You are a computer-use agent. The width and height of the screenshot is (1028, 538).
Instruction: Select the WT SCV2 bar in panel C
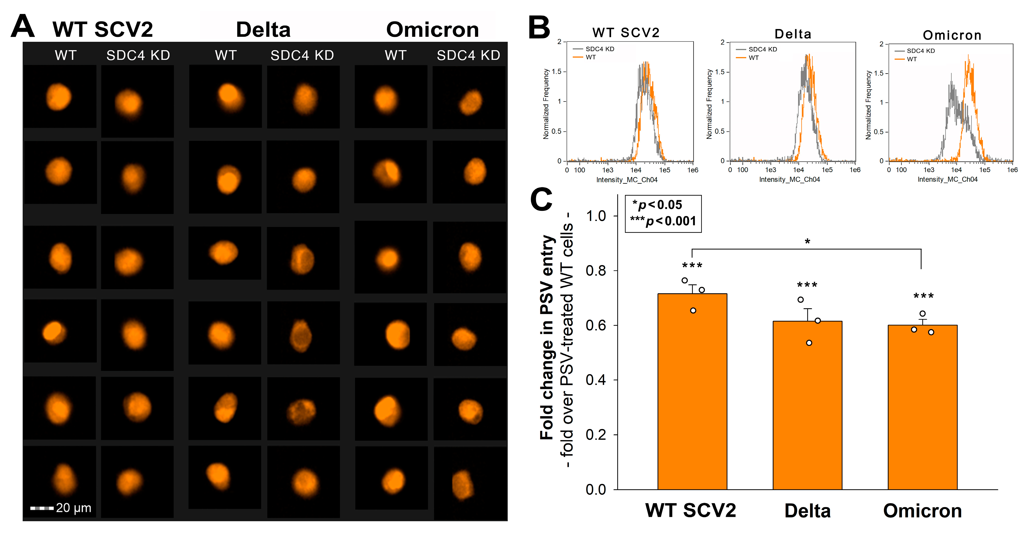[x=692, y=392]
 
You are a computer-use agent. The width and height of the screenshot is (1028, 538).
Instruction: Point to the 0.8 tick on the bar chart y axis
[x=596, y=271]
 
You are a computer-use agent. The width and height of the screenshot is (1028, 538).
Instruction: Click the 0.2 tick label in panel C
[x=596, y=435]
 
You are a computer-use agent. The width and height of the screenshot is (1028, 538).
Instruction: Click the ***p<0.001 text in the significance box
[x=663, y=221]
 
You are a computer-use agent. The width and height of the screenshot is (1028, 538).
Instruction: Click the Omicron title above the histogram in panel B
[x=952, y=35]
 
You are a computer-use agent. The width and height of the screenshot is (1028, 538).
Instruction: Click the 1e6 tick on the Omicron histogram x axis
[x=1012, y=170]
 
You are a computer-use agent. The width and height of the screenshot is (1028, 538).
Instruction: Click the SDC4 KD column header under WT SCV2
[x=138, y=55]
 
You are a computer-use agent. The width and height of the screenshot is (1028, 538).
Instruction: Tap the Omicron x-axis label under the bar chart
[x=922, y=511]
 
